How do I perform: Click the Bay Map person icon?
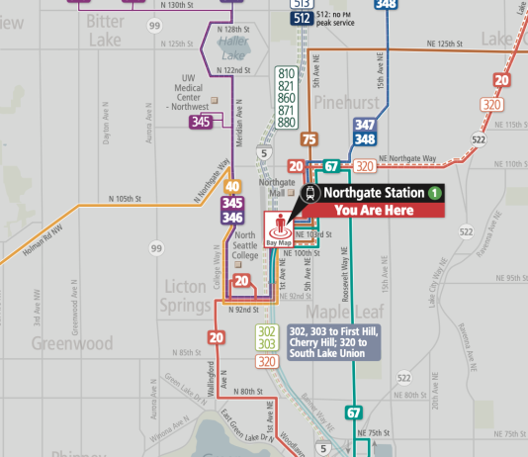click(279, 228)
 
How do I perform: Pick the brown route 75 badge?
click(308, 140)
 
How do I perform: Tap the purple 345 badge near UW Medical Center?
click(202, 122)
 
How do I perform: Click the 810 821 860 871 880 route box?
click(286, 99)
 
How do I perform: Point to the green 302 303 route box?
click(267, 336)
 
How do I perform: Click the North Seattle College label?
click(244, 244)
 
